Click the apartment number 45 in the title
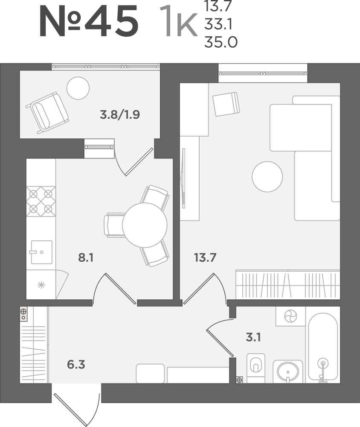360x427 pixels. (x=112, y=21)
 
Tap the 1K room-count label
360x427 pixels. (x=178, y=21)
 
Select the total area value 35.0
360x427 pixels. (x=221, y=42)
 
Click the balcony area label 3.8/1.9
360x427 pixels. (x=120, y=114)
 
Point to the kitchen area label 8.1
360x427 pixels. (x=86, y=257)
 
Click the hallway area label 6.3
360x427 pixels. (x=76, y=364)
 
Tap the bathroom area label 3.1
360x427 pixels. (x=253, y=337)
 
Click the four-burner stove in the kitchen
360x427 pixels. (x=41, y=202)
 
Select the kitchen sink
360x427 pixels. (x=41, y=252)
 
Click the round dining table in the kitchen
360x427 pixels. (x=145, y=225)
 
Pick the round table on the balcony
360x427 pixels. (x=78, y=88)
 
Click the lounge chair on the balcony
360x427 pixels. (x=47, y=113)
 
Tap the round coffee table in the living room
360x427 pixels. (x=267, y=176)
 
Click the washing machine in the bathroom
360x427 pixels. (x=290, y=316)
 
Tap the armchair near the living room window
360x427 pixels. (x=226, y=104)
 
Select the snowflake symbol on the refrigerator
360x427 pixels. (x=41, y=285)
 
